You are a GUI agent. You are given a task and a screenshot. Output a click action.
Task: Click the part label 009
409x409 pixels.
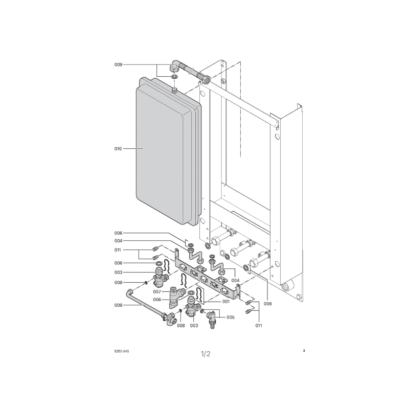(118, 64)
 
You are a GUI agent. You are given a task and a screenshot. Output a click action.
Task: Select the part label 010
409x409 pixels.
(118, 149)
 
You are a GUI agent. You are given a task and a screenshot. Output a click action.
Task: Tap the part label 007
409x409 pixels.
(157, 291)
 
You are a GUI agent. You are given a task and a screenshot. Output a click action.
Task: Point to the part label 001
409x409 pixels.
(226, 302)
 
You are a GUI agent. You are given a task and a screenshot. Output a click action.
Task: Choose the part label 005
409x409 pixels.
(231, 317)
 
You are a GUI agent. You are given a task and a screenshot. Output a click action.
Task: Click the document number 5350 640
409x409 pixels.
(122, 351)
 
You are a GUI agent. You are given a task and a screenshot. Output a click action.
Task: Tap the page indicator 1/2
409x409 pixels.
(206, 354)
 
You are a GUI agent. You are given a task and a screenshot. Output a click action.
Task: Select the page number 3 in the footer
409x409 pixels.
(304, 351)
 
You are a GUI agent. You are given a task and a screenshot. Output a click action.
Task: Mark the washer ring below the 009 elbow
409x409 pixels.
(174, 77)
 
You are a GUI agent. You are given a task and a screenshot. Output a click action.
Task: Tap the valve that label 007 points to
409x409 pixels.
(175, 298)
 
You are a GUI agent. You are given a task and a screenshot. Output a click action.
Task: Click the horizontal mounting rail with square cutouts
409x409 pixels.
(208, 277)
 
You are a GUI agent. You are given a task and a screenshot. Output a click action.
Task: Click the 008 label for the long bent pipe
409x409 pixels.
(118, 305)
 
